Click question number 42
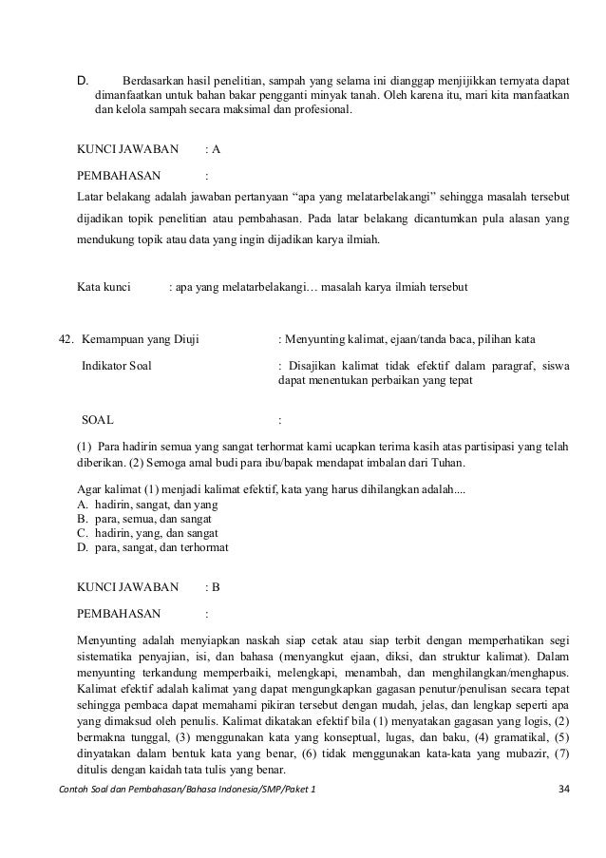pyautogui.click(x=66, y=339)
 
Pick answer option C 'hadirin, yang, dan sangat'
pyautogui.click(x=148, y=532)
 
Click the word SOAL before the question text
pyautogui.click(x=98, y=419)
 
